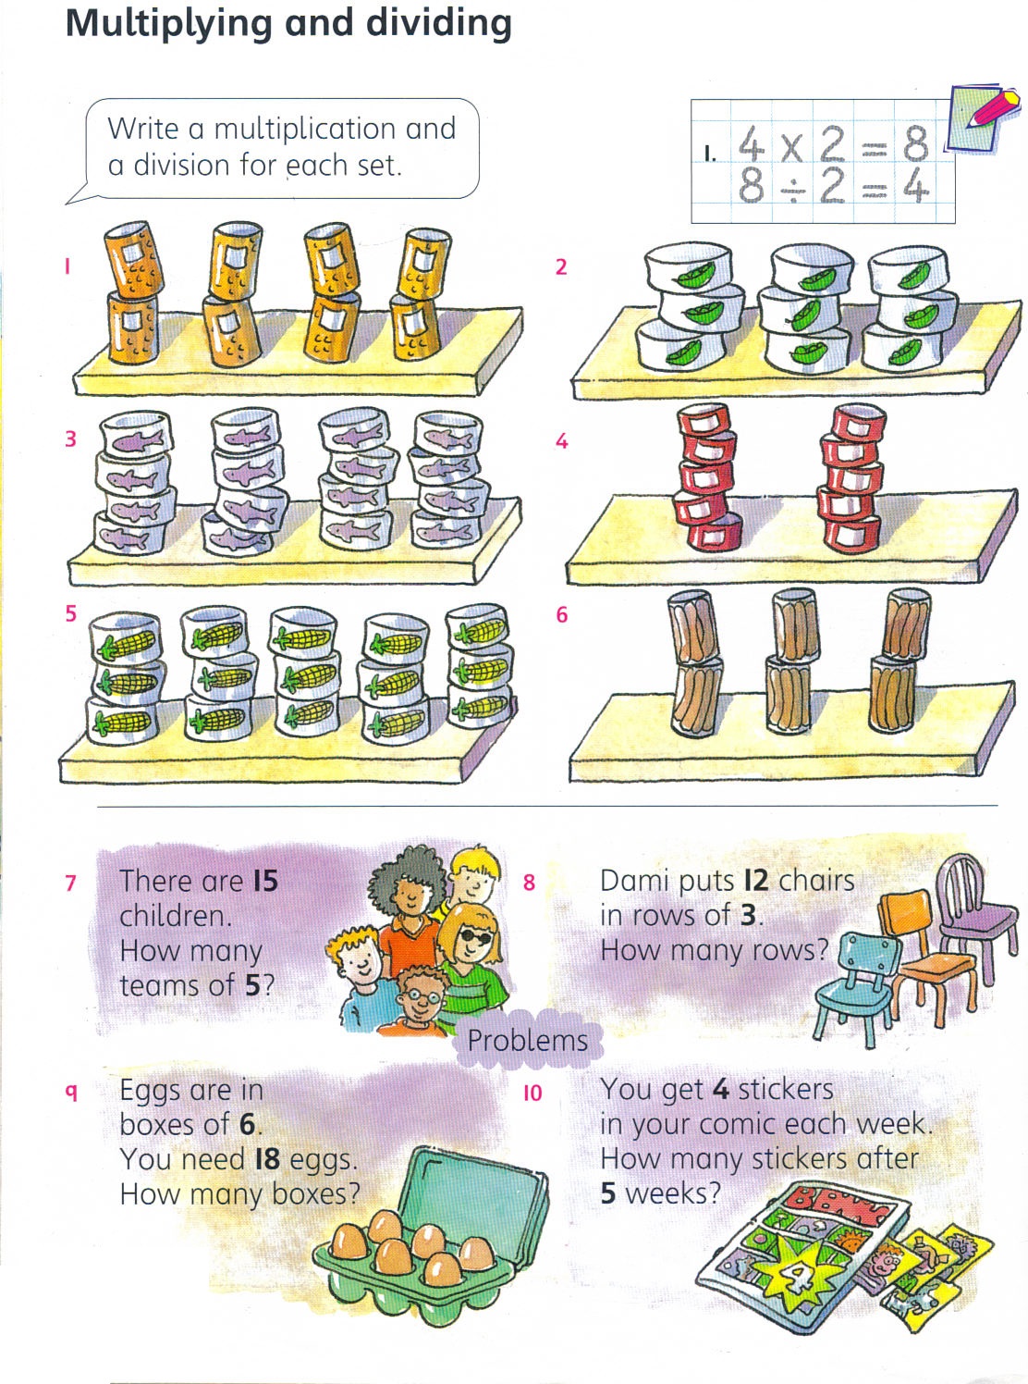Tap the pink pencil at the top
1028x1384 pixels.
pos(993,106)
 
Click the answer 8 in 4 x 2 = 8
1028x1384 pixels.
pos(915,142)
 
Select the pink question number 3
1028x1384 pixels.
pos(71,439)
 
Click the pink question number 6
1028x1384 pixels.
pos(562,614)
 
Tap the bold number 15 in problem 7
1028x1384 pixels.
pos(265,881)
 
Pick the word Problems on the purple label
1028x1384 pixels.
pos(527,1040)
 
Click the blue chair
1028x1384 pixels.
pos(854,986)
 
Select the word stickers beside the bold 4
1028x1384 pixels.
pos(786,1090)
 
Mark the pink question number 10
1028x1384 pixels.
pos(532,1094)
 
